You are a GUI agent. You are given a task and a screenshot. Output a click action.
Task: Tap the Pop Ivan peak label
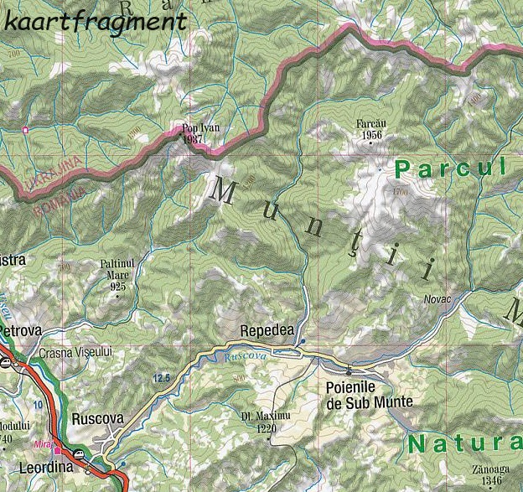[x=200, y=128]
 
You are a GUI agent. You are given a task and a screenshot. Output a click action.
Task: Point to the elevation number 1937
[x=194, y=139]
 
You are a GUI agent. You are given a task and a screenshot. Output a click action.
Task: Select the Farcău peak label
[x=369, y=124]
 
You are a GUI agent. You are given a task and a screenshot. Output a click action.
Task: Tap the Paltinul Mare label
[x=117, y=268]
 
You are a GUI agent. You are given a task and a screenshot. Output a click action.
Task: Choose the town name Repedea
[x=267, y=330]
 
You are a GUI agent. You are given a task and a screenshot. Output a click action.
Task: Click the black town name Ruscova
[x=97, y=418]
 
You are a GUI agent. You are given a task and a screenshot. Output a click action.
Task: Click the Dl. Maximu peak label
[x=265, y=416]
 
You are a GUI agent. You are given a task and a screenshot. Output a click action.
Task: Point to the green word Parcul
[x=451, y=168]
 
